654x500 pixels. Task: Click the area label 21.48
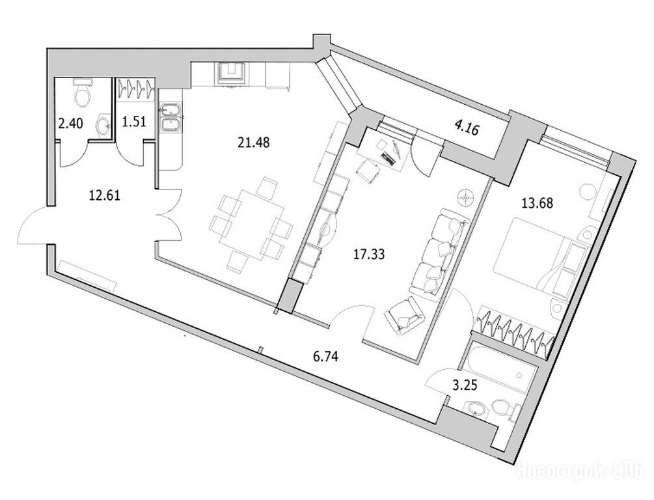coord(254,143)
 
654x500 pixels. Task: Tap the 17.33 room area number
coord(369,254)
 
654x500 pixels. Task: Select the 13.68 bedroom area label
coord(538,203)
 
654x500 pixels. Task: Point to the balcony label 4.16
coord(467,128)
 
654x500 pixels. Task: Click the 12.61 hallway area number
coord(105,195)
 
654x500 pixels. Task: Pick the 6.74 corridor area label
coord(325,356)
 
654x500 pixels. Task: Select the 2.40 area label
coord(70,124)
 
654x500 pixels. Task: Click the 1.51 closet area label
coord(134,122)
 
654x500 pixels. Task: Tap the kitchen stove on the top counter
coord(230,74)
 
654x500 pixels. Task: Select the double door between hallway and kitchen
coord(170,215)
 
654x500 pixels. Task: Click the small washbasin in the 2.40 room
coord(103,125)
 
